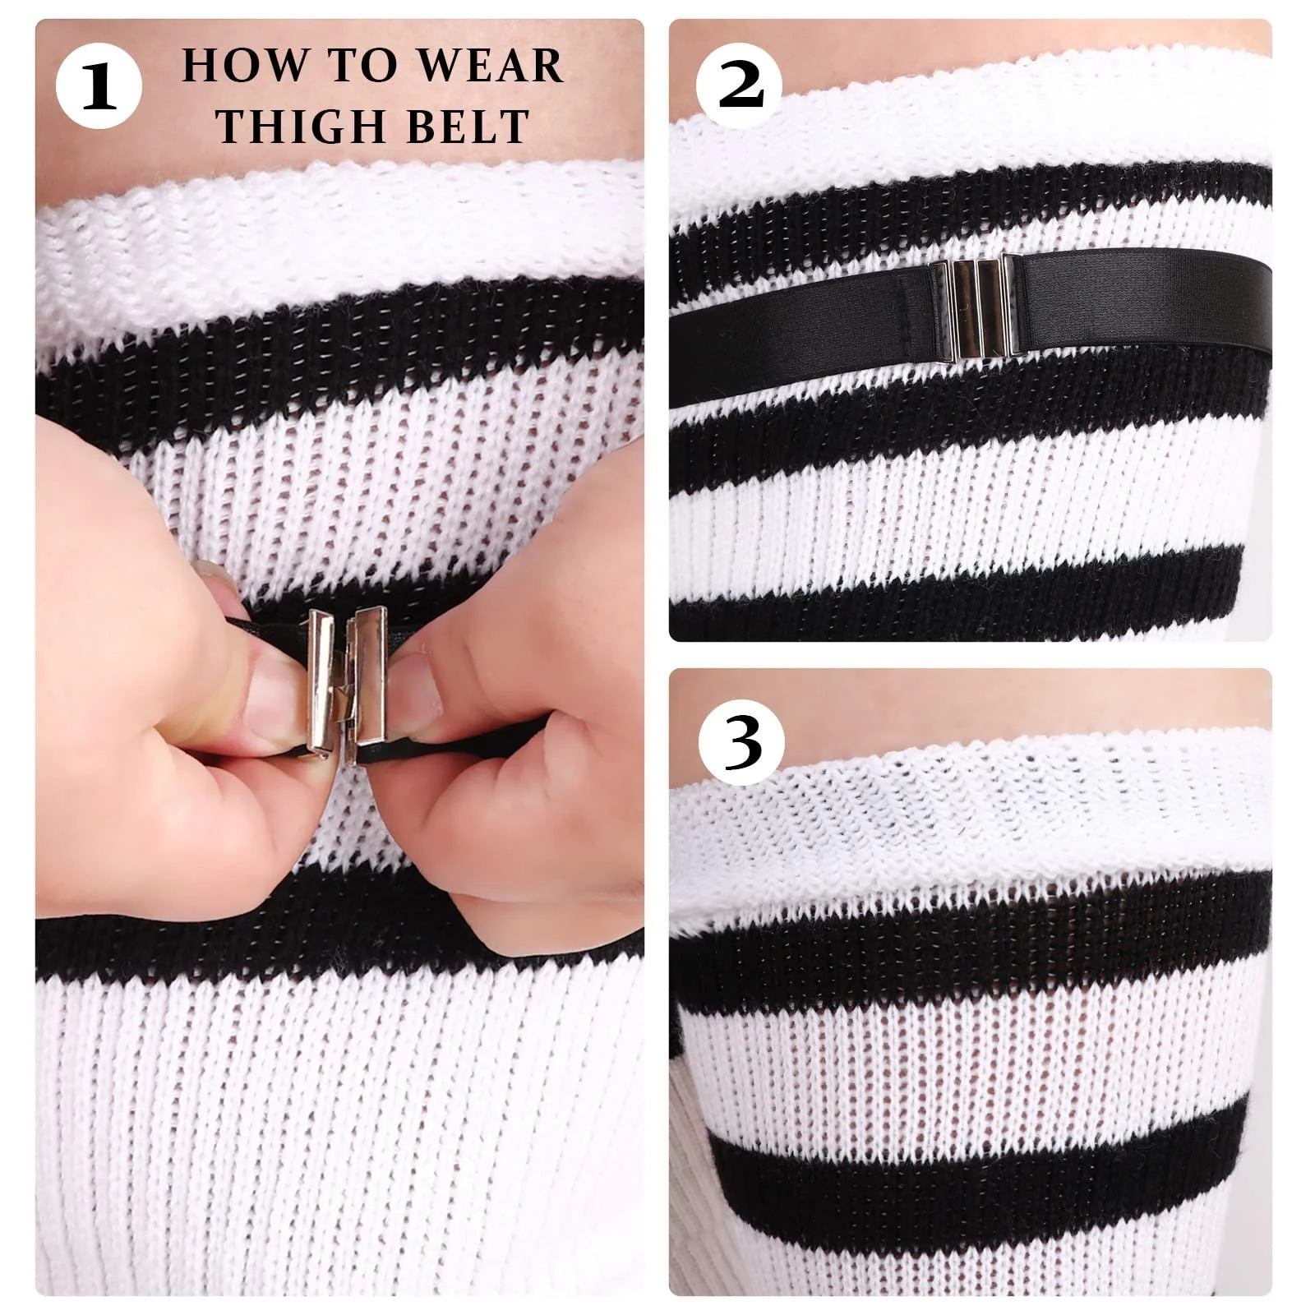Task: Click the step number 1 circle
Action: pyautogui.click(x=99, y=85)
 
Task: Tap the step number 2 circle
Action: pyautogui.click(x=740, y=85)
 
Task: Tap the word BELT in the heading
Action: pyautogui.click(x=463, y=127)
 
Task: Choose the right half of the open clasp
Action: pyautogui.click(x=365, y=686)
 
